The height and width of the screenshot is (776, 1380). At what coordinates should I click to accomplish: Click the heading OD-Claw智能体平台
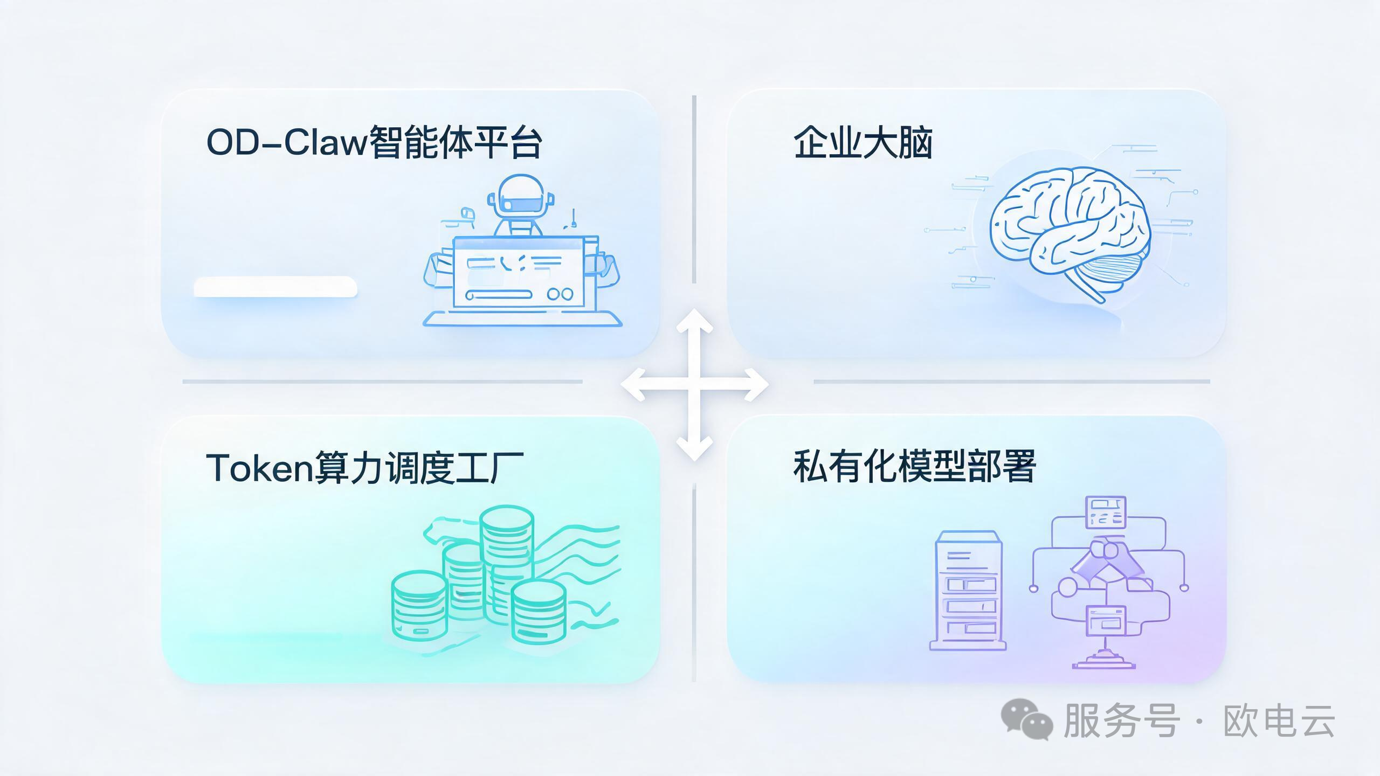tap(374, 142)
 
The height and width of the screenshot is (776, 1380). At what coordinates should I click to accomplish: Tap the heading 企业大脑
tap(862, 142)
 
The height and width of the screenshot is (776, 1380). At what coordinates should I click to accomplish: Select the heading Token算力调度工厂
tap(365, 468)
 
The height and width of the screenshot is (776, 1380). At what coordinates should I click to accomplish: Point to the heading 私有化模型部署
tap(914, 466)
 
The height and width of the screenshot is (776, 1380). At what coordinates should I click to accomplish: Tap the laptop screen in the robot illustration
tap(519, 272)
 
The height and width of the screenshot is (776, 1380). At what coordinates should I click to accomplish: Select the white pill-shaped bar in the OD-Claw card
tap(275, 287)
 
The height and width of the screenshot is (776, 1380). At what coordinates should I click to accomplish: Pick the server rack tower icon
tap(968, 590)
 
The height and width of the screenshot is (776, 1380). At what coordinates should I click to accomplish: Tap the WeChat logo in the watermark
tap(1026, 719)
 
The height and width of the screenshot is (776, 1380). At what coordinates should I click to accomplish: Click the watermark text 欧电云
tap(1279, 720)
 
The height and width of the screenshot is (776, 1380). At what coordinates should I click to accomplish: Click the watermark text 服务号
tap(1121, 720)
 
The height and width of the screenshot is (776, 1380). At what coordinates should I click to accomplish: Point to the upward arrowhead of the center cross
tap(694, 321)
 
